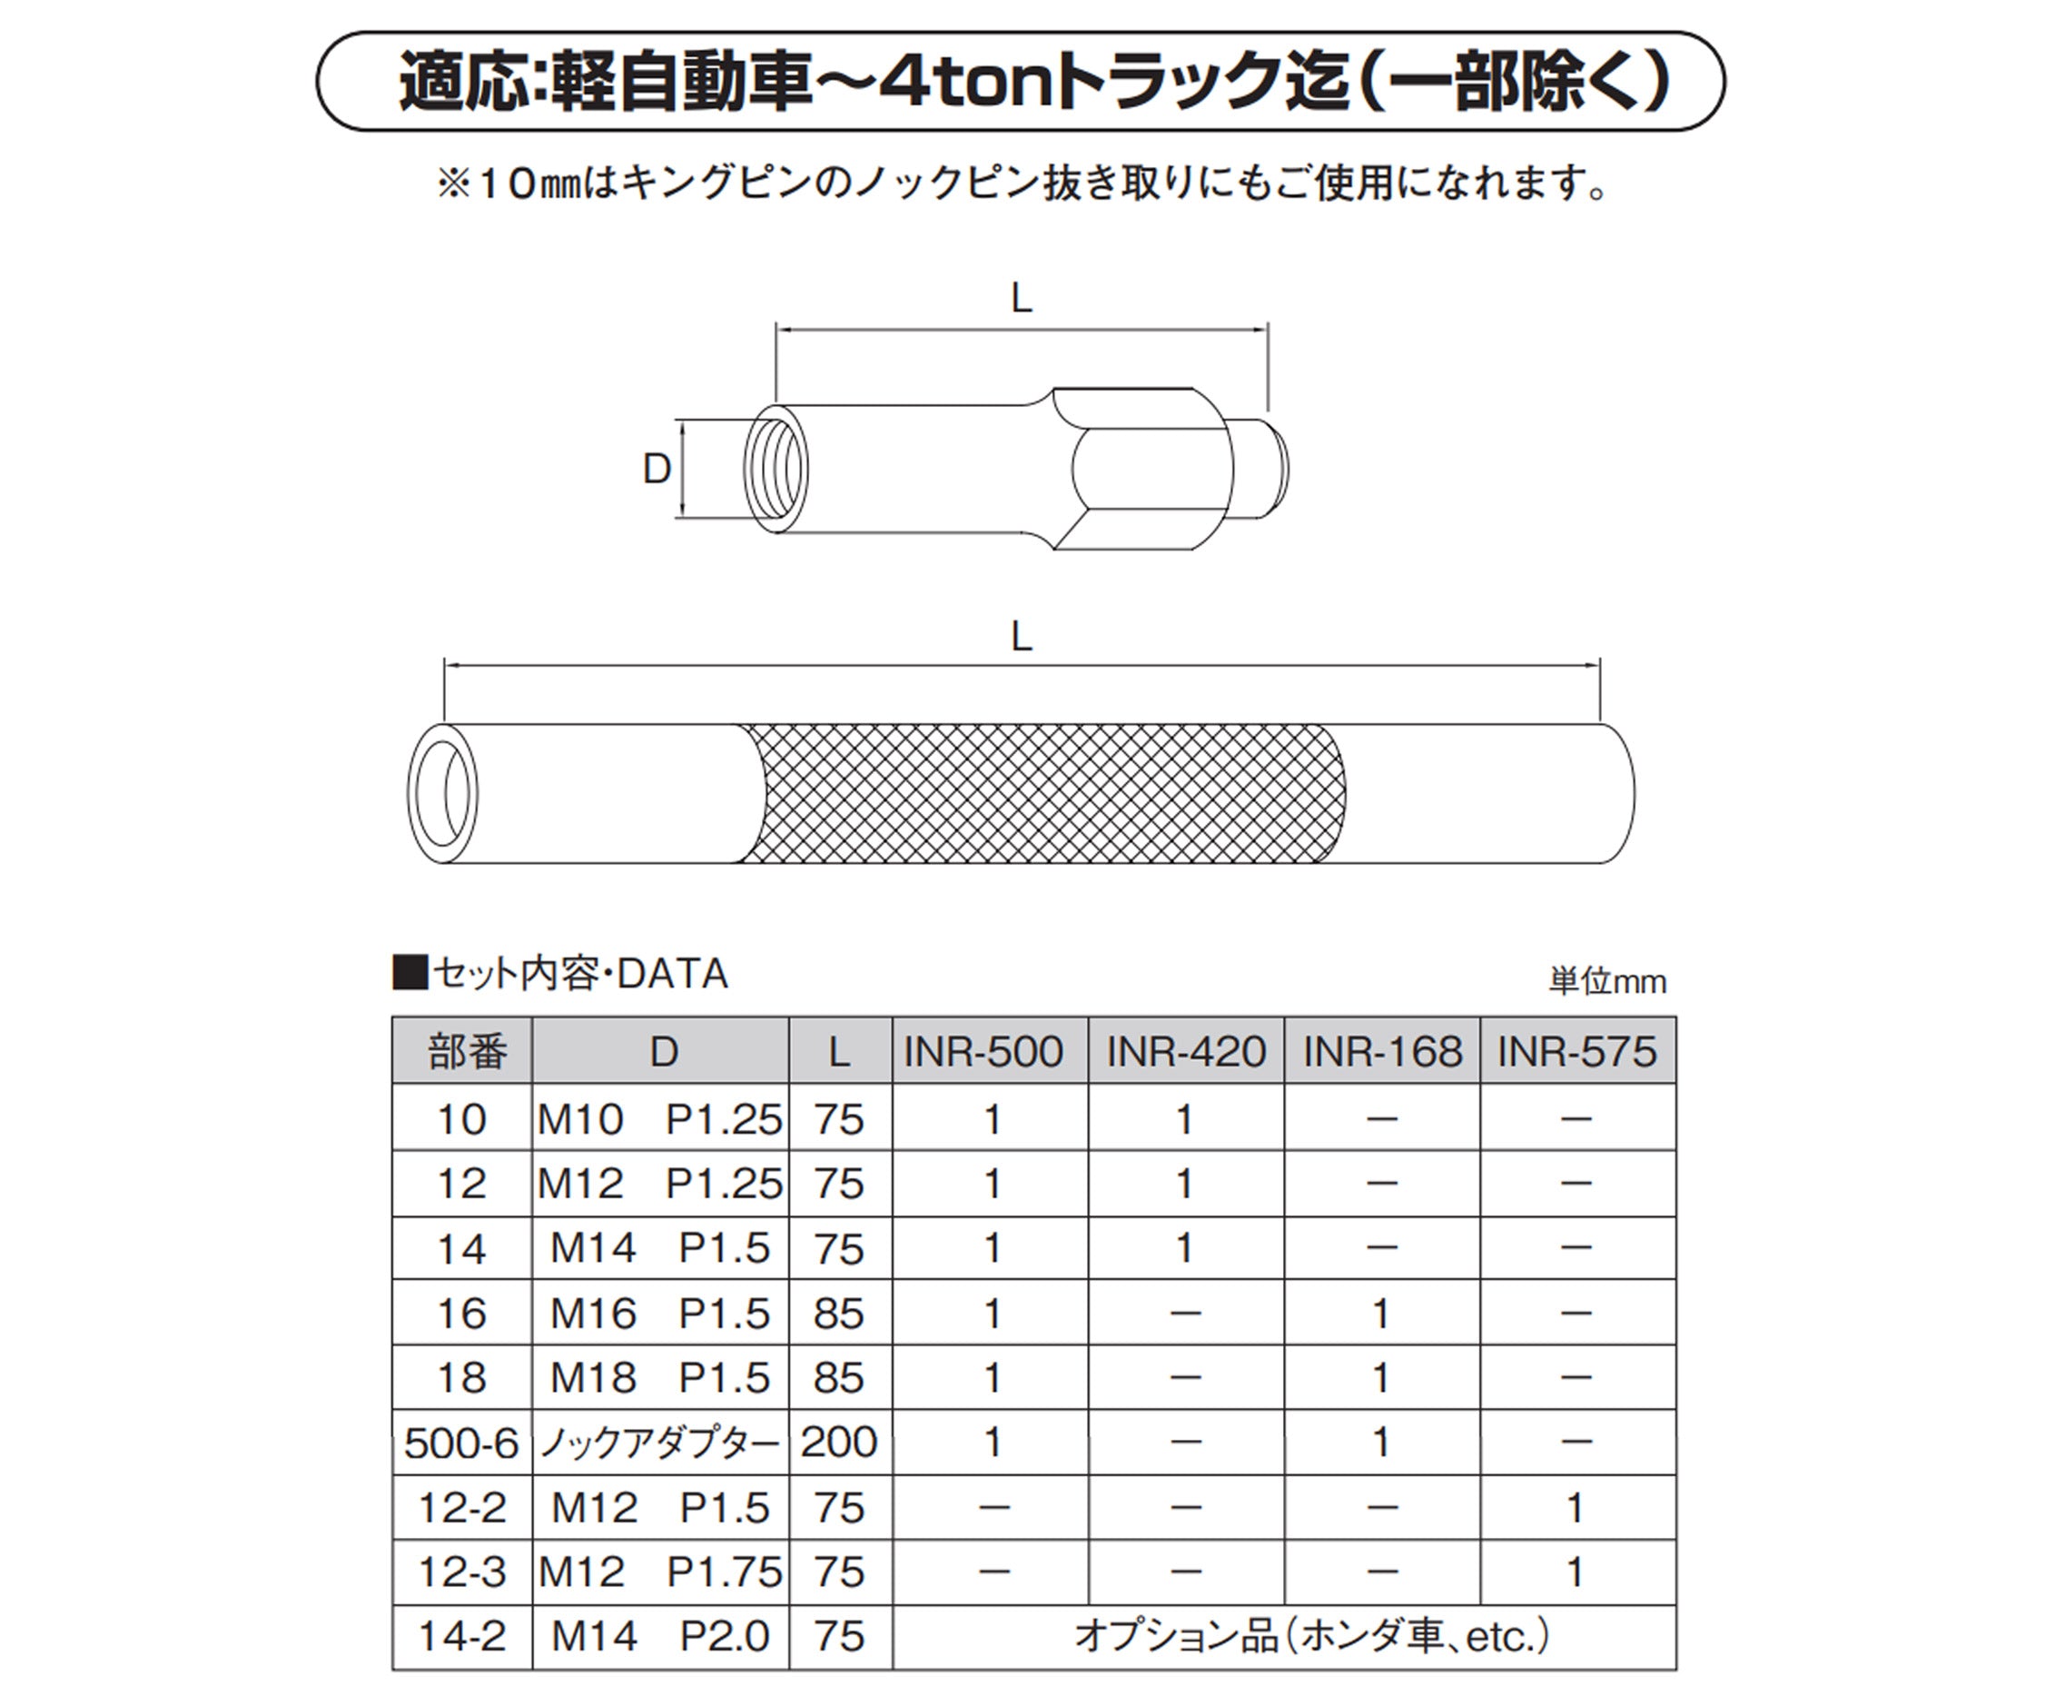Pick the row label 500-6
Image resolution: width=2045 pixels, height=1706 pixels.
461,1443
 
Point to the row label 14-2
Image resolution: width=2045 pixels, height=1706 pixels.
461,1636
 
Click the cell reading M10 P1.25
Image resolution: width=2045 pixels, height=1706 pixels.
660,1119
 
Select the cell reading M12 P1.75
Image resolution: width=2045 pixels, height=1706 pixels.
660,1572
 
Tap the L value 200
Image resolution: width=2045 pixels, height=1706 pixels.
839,1442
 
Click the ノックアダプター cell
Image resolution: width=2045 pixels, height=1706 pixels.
660,1443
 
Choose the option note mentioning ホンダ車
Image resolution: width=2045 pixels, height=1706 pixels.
1310,1637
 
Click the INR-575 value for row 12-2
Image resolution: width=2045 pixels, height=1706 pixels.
1575,1508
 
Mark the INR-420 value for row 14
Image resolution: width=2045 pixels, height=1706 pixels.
1184,1248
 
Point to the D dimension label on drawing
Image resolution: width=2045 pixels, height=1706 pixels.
657,470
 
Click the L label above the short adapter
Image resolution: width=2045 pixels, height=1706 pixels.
1021,299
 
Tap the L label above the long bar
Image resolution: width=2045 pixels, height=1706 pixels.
1021,637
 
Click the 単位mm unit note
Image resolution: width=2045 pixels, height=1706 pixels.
1606,981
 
